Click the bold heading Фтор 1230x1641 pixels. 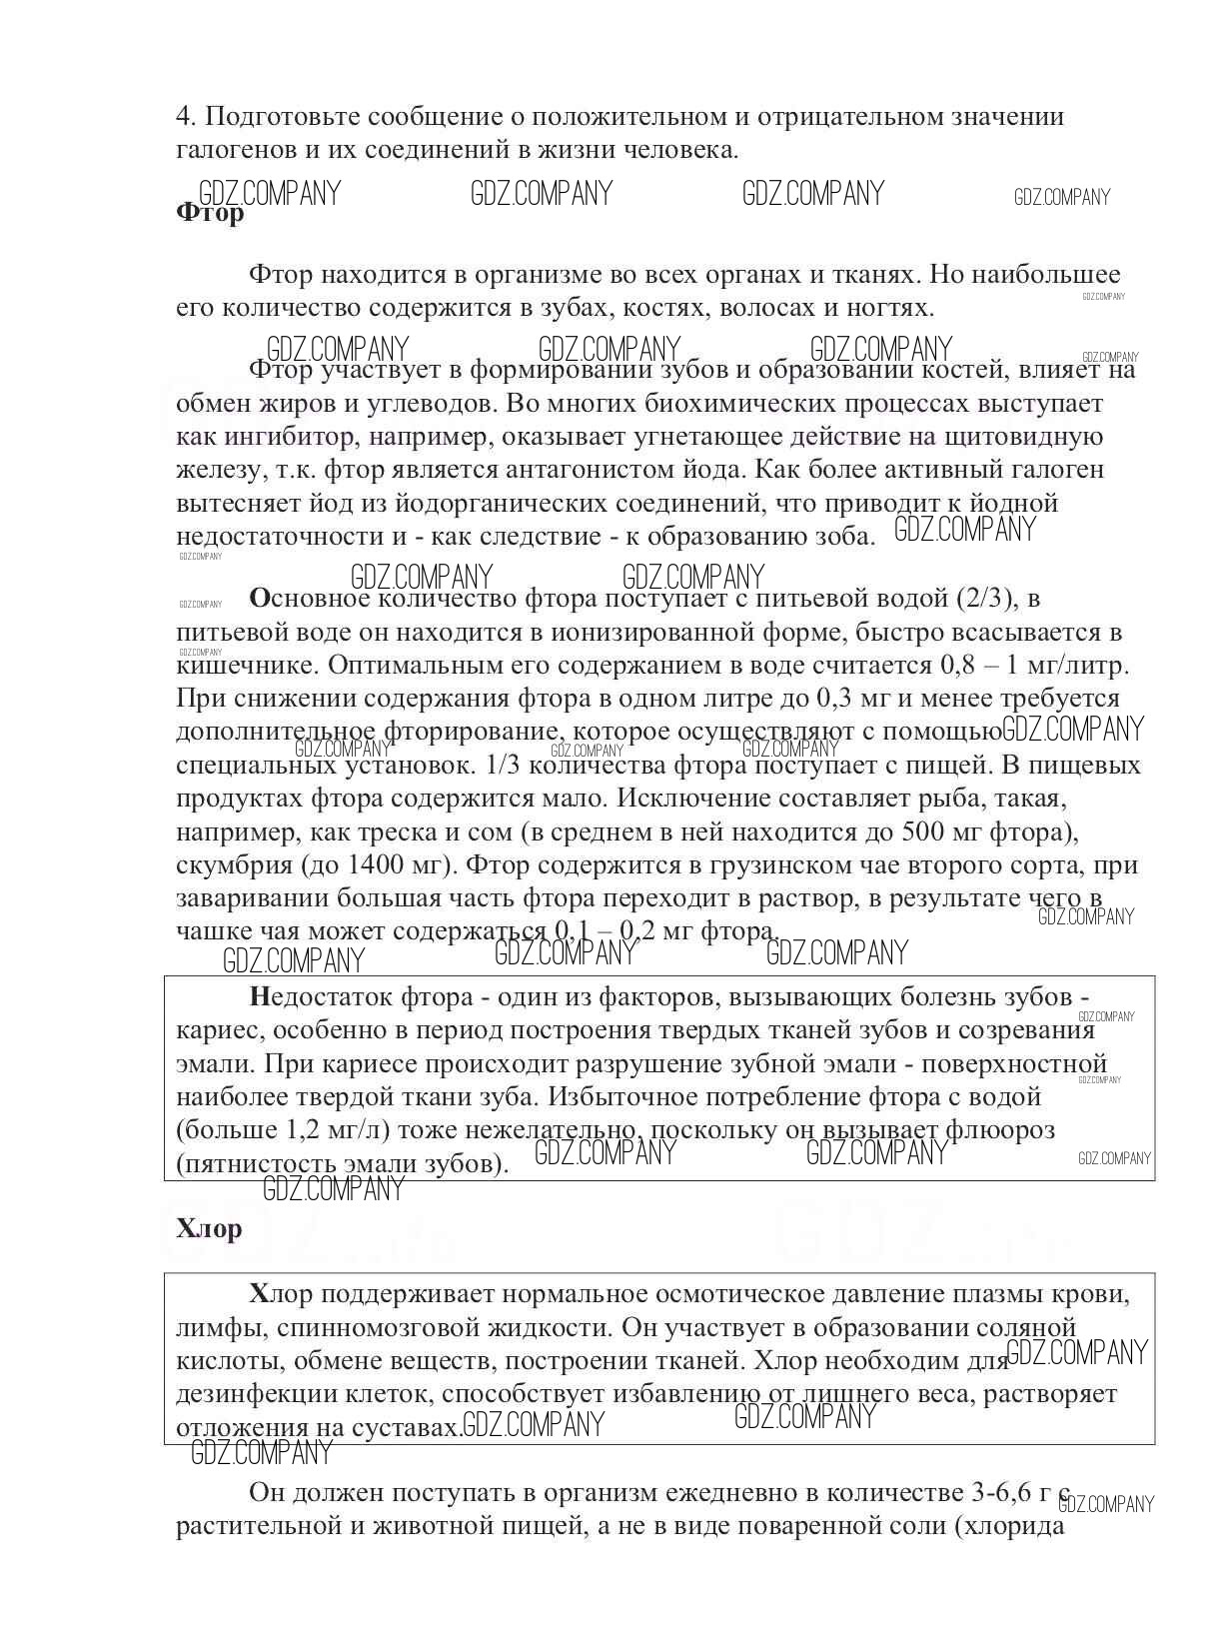coord(209,213)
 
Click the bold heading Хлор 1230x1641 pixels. coord(209,1228)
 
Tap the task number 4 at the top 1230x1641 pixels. coord(183,117)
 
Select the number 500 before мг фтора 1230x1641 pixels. coord(921,832)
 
